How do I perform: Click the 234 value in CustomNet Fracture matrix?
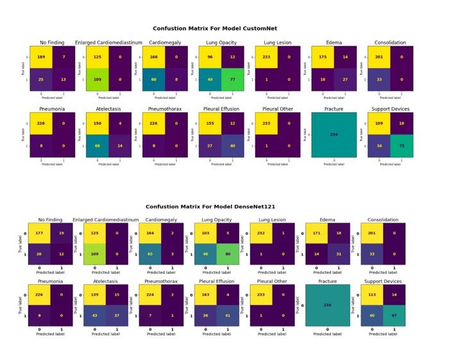(x=334, y=134)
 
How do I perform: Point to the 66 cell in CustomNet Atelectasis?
(x=96, y=146)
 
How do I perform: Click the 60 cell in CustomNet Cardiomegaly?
(x=153, y=80)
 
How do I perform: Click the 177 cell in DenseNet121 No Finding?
(x=40, y=234)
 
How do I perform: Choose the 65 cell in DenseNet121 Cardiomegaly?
(x=150, y=256)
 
